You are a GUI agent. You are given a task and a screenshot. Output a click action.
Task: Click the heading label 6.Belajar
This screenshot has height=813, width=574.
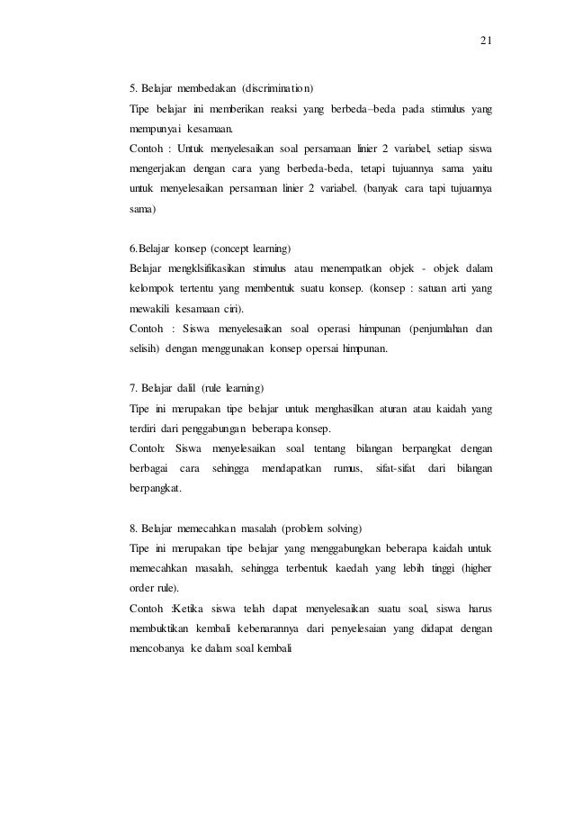coord(156,247)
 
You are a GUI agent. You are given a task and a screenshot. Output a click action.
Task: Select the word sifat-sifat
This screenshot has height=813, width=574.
coord(390,468)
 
